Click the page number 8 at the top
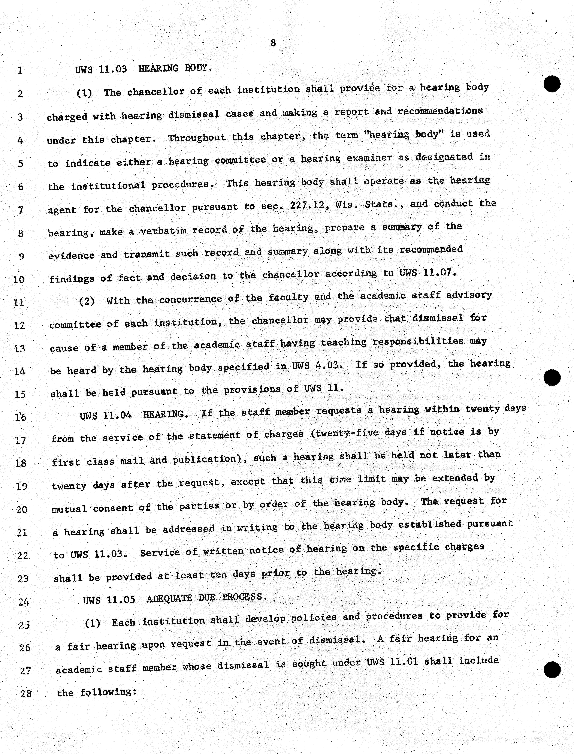pyautogui.click(x=273, y=43)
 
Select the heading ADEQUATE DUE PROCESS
pyautogui.click(x=206, y=598)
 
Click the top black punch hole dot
pyautogui.click(x=552, y=84)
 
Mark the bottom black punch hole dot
pyautogui.click(x=552, y=670)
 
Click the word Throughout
pyautogui.click(x=197, y=138)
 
